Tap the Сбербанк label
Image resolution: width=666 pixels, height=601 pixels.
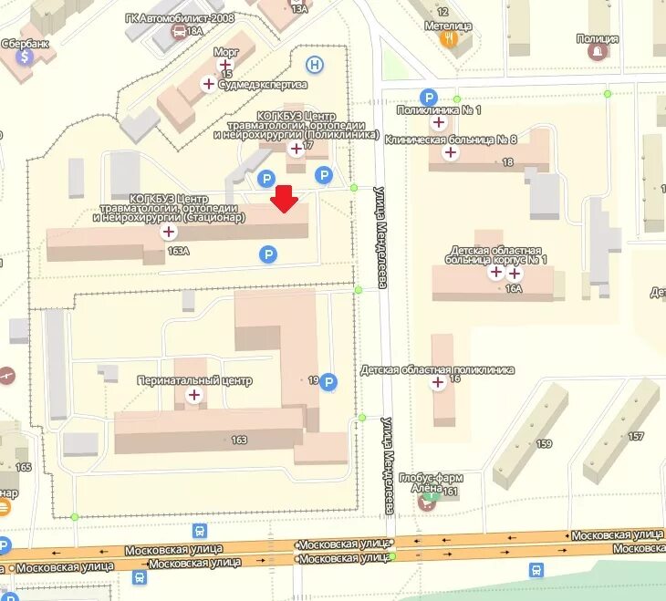[x=24, y=42]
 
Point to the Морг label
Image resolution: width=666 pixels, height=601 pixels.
[x=225, y=53]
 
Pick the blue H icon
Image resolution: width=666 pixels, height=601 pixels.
[x=315, y=64]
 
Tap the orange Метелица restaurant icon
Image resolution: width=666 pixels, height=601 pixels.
[x=448, y=39]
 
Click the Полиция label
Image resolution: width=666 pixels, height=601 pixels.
[x=598, y=38]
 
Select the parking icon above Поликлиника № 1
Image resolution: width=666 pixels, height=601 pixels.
[x=427, y=97]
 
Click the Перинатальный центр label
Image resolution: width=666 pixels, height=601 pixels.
[x=193, y=380]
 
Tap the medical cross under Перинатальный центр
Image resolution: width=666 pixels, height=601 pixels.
[x=194, y=395]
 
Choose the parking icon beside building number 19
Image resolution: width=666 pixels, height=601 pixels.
[x=328, y=382]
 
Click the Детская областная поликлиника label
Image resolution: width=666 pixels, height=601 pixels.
[x=437, y=370]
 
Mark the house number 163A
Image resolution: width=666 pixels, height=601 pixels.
[x=178, y=250]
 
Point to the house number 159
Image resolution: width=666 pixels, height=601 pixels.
[x=545, y=445]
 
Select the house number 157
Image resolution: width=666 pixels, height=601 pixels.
[x=636, y=436]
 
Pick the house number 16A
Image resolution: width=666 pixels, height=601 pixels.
[x=514, y=288]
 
